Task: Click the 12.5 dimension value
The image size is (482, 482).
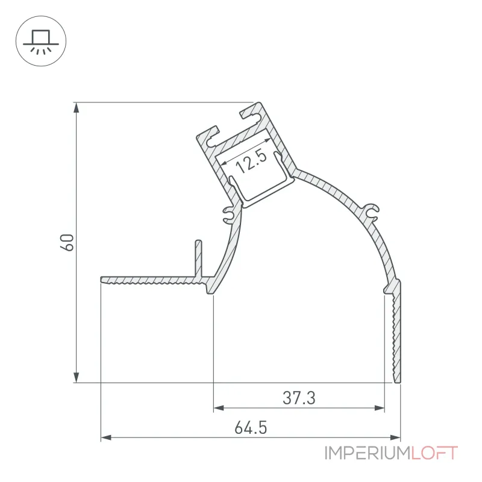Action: point(251,161)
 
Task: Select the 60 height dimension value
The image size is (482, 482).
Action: point(67,243)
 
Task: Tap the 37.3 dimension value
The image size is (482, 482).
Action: point(299,398)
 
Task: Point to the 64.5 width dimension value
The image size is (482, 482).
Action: point(251,428)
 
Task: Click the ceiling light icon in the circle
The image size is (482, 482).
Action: point(41,42)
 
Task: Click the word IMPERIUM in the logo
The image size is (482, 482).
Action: point(368,453)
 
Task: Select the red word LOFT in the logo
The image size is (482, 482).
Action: point(434,453)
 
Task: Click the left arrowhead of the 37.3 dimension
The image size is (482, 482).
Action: point(219,408)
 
